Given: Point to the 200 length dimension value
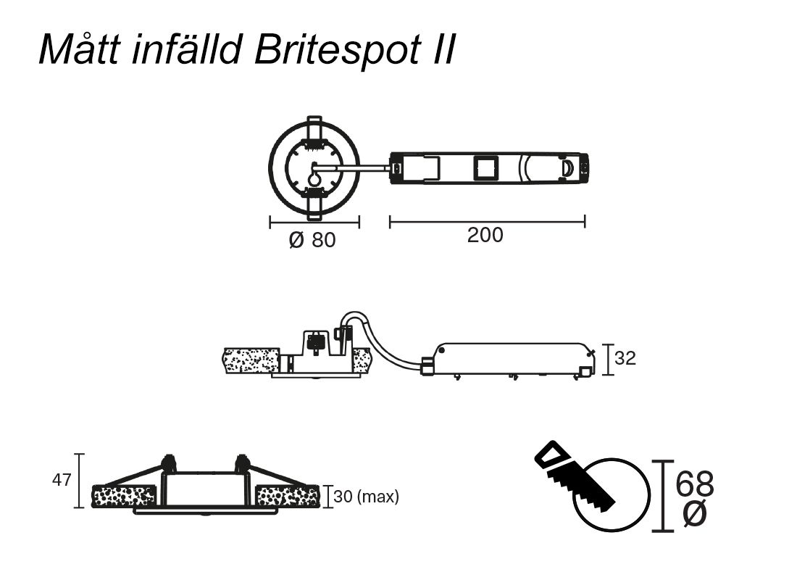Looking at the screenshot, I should pyautogui.click(x=485, y=236).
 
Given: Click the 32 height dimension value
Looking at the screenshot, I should pyautogui.click(x=625, y=358).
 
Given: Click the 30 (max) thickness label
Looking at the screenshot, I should pyautogui.click(x=367, y=497).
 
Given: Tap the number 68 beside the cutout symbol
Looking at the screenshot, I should pyautogui.click(x=694, y=484).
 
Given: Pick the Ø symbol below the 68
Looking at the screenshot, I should pyautogui.click(x=694, y=514).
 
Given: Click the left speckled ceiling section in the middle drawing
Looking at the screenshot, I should pyautogui.click(x=251, y=360).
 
